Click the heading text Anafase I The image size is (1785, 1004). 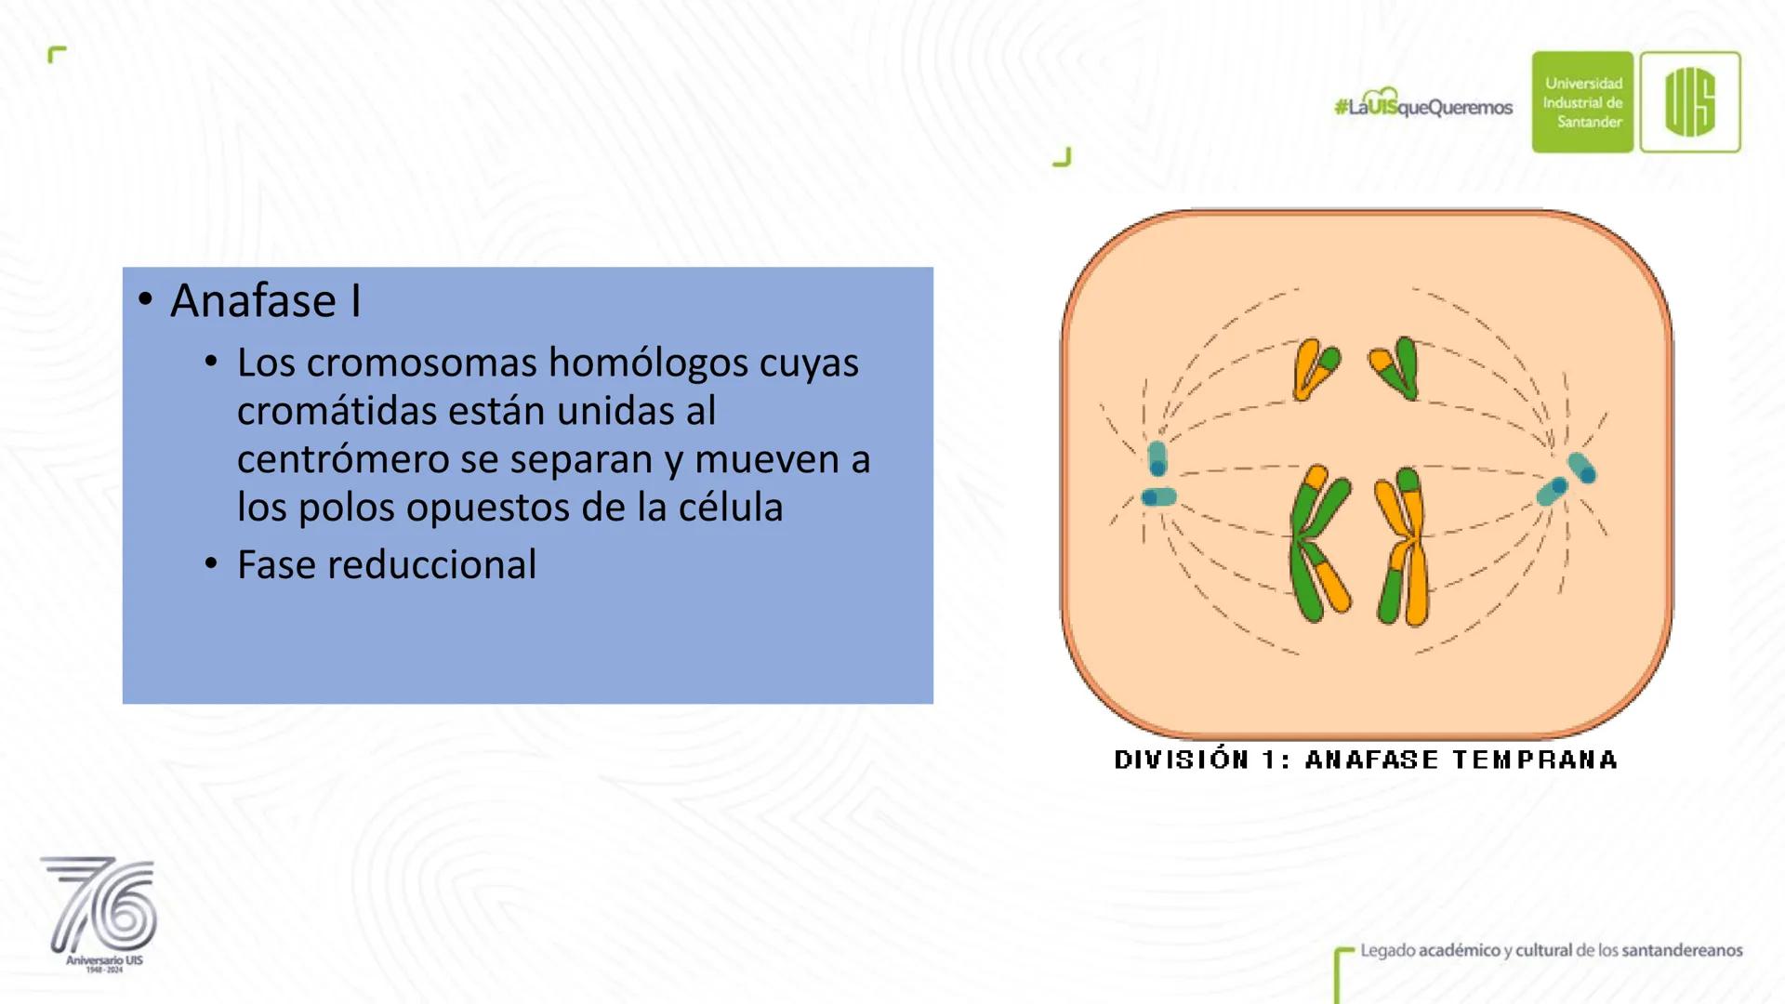[266, 301]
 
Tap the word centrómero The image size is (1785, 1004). [367, 459]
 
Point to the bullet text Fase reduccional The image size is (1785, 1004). [387, 564]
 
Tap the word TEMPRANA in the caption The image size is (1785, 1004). [1535, 760]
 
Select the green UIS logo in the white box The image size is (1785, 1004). [1690, 102]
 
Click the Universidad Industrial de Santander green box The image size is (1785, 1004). [1582, 102]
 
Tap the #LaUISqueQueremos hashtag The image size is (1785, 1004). [1423, 105]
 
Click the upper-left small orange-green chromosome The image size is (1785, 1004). [1315, 368]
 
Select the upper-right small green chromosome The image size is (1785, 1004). [1395, 368]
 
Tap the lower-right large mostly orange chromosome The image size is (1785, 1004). [1403, 547]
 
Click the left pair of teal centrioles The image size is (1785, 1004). [1158, 475]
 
